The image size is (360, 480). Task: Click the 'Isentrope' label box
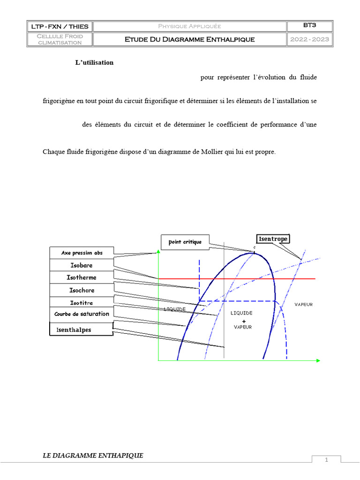272,239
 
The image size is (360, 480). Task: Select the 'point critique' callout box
185,242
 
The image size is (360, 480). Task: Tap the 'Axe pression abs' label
82,253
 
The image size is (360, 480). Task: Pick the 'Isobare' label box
82,265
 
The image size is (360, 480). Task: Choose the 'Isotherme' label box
82,277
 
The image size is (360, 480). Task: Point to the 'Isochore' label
82,290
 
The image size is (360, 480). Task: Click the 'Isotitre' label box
82,303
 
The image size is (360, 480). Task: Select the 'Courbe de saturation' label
82,314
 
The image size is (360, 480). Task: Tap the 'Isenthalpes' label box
81,330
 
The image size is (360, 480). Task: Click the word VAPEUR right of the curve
304,305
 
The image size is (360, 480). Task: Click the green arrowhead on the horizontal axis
318,360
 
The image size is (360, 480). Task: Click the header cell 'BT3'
310,26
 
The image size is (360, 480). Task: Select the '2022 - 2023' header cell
310,39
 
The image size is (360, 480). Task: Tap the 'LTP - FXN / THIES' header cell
60,26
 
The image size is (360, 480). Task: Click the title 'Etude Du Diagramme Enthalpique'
189,39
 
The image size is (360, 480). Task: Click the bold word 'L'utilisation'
94,62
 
